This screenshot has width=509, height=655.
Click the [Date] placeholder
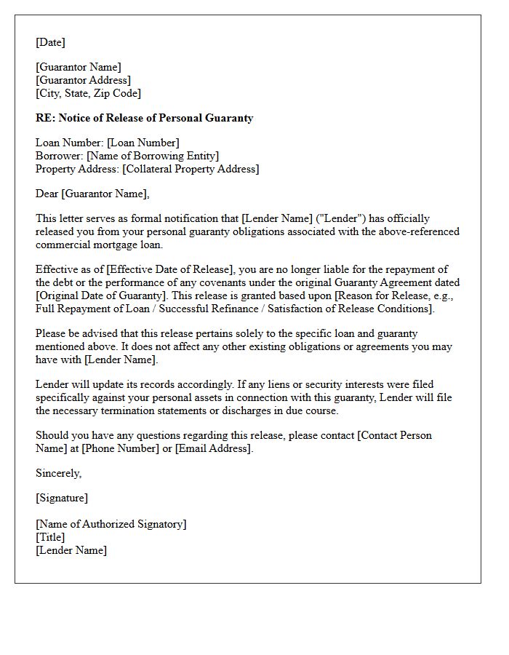(50, 42)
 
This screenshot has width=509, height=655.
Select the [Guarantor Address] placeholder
(83, 80)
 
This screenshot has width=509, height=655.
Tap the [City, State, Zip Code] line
(88, 93)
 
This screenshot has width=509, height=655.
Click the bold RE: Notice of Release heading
(144, 118)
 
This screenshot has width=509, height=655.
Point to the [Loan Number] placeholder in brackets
(143, 143)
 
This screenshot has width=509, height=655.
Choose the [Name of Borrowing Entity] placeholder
(152, 156)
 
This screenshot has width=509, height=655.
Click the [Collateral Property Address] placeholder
(191, 169)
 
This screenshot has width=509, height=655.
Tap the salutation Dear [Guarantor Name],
(92, 194)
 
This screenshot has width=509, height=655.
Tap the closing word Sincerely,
(59, 473)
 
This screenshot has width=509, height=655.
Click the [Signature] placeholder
(62, 498)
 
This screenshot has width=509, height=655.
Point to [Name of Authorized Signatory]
(111, 524)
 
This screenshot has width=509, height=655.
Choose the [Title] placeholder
(50, 537)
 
